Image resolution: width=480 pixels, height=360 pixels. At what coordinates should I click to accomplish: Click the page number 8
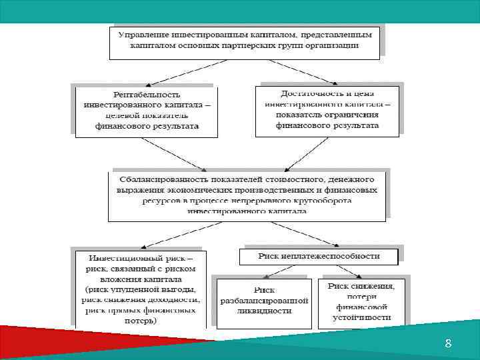click(448, 343)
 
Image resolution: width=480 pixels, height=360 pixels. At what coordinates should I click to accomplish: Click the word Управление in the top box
click(142, 34)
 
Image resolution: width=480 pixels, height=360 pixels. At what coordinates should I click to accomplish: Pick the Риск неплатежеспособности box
click(319, 256)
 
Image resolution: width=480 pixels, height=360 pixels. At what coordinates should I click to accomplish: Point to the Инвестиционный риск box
click(141, 289)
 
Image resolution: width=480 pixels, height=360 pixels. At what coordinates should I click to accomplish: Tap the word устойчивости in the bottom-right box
click(363, 317)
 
